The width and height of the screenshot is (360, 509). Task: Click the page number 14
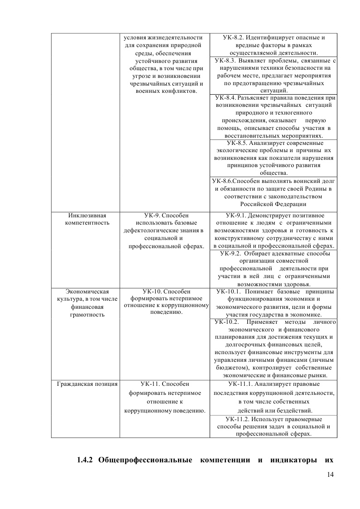pyautogui.click(x=329, y=474)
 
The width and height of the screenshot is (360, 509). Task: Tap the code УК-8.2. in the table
pyautogui.click(x=234, y=37)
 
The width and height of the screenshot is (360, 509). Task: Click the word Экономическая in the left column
pyautogui.click(x=85, y=291)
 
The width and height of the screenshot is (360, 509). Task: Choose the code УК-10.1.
pyautogui.click(x=230, y=291)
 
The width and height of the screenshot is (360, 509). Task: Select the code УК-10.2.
pyautogui.click(x=227, y=322)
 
